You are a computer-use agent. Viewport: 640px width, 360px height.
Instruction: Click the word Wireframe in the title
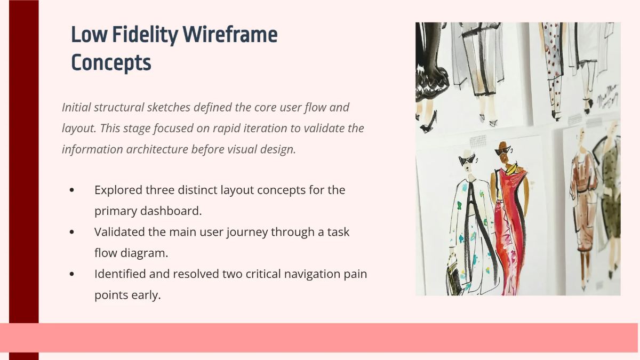click(x=230, y=35)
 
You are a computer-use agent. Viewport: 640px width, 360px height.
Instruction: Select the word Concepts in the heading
click(x=111, y=62)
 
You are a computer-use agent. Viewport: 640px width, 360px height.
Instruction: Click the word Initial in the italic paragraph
click(x=76, y=107)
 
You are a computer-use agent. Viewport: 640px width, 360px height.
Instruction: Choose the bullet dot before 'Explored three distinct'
click(x=72, y=190)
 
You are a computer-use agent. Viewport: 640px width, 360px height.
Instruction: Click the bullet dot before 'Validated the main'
click(x=72, y=232)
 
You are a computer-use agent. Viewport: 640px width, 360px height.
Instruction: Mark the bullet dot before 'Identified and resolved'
click(x=72, y=274)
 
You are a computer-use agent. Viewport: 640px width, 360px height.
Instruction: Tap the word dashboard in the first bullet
click(x=170, y=211)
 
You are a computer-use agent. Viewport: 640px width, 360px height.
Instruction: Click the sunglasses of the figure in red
click(x=502, y=151)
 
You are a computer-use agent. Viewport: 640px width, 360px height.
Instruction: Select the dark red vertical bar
click(x=24, y=160)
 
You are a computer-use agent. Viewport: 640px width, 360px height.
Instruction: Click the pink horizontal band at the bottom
click(x=320, y=337)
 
